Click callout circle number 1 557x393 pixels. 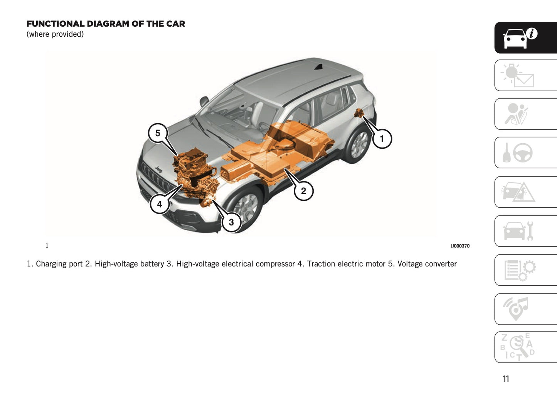pos(382,139)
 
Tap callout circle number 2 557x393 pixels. pos(303,191)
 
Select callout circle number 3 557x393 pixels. pos(231,222)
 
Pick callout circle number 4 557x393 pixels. pos(160,204)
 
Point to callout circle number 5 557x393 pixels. pos(158,133)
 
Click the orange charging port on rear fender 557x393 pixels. pos(359,113)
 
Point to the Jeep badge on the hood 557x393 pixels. pos(158,169)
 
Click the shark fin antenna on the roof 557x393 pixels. pos(318,67)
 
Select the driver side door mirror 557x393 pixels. pos(204,102)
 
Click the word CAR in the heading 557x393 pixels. pos(175,24)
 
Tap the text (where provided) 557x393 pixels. pos(55,34)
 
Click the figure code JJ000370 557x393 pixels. pos(460,246)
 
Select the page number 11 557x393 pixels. pos(506,379)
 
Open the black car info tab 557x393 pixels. pos(525,38)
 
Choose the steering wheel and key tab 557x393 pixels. pos(525,153)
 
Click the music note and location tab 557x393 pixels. pos(525,309)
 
